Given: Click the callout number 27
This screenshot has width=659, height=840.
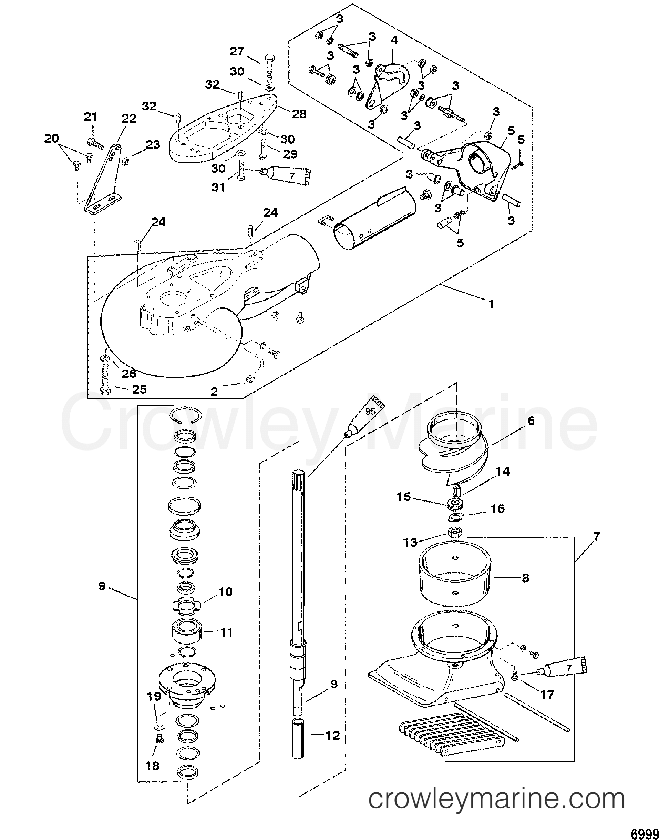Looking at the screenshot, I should [x=238, y=51].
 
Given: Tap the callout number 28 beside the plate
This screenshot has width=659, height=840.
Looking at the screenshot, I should [x=299, y=114].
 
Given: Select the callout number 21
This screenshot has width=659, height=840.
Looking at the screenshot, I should [x=91, y=117].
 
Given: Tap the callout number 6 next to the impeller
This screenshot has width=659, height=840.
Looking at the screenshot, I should [x=531, y=421].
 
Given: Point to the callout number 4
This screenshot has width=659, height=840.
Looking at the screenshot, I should [x=393, y=40].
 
